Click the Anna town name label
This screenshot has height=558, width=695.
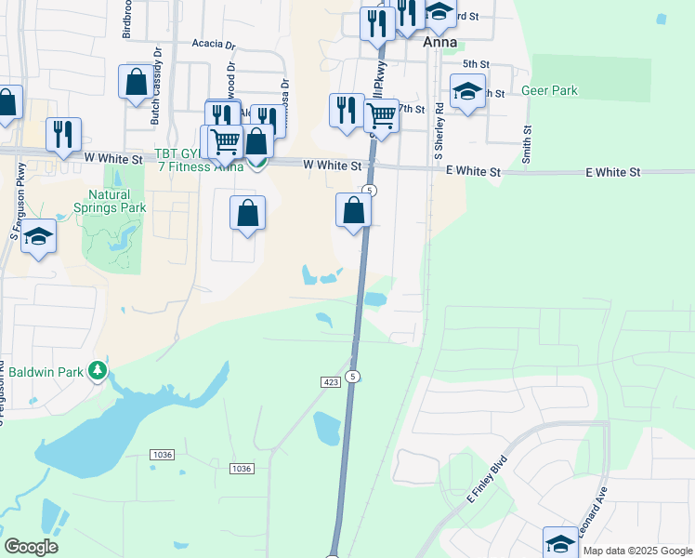point(439,42)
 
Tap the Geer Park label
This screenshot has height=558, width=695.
point(549,90)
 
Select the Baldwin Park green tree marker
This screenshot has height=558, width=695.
point(98,372)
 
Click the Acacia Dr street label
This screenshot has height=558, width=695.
point(215,44)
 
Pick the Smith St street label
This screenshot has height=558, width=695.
point(526,144)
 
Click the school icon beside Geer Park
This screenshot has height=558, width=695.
point(467,92)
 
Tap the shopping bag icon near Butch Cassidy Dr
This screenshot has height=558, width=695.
point(136,82)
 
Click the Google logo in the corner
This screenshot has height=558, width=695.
point(31,547)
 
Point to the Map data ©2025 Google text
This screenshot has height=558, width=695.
point(637,551)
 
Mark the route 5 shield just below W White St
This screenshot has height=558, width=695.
point(370,190)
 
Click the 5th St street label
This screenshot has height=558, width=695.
point(476,63)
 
